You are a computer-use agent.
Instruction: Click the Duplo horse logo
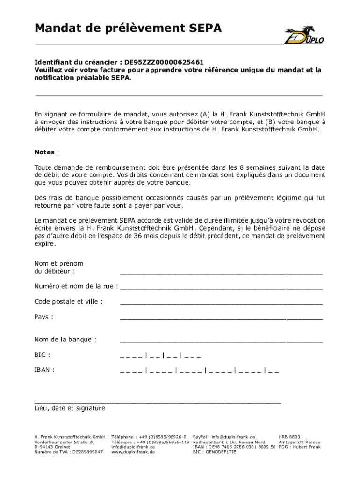point(304,35)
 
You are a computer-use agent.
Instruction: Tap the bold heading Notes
point(44,152)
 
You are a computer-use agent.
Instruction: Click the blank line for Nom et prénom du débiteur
point(221,271)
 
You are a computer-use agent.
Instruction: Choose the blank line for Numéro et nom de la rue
point(221,286)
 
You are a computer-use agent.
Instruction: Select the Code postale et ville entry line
point(221,302)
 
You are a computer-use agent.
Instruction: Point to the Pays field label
point(43,317)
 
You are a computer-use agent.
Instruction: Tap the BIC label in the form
point(42,355)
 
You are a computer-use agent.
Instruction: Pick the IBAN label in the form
point(44,370)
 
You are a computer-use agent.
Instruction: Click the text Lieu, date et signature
point(70,408)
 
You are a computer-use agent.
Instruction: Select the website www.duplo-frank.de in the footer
point(133,452)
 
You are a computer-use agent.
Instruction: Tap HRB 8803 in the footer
point(289,436)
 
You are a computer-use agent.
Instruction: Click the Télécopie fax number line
point(150,442)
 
